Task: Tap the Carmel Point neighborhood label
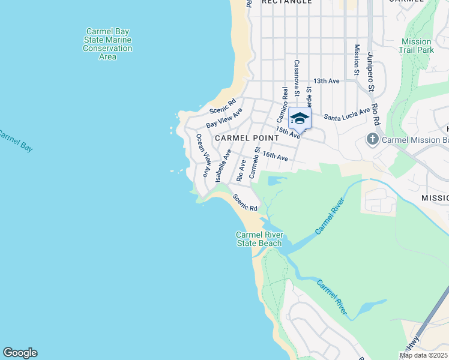point(240,137)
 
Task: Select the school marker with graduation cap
point(300,118)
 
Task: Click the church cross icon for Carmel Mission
point(372,140)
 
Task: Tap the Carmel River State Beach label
point(259,239)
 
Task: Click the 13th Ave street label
point(327,81)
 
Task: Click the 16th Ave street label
point(276,157)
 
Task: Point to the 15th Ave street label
point(288,132)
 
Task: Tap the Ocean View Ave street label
point(203,155)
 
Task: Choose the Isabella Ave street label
point(223,166)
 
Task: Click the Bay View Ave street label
point(224,118)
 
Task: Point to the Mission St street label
point(357,60)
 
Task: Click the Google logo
point(20,353)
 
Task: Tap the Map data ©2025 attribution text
point(424,355)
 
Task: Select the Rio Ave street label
point(241,170)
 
